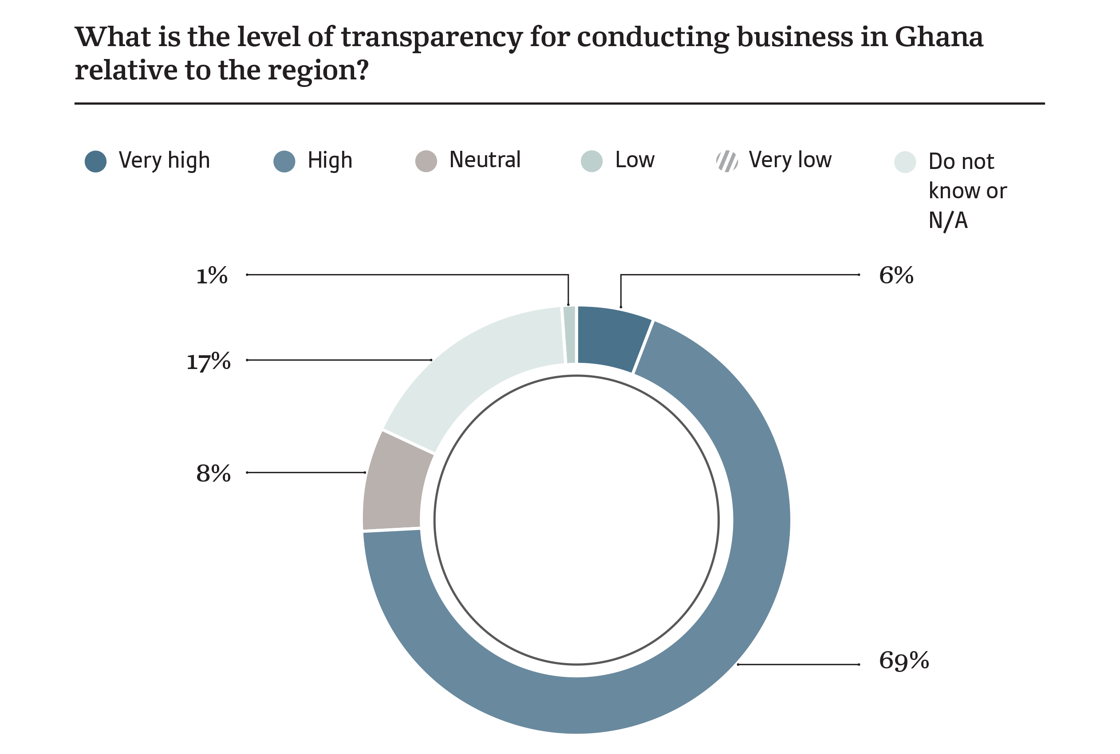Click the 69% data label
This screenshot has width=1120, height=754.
903,660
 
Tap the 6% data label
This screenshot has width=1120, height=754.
896,275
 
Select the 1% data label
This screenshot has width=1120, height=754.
212,275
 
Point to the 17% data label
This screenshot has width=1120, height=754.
208,361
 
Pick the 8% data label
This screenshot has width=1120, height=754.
213,473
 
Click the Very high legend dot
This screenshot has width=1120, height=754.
95,161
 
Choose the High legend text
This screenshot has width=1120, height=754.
330,160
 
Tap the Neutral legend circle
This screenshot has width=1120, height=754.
426,161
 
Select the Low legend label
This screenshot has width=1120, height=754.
635,160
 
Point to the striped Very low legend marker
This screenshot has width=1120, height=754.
726,161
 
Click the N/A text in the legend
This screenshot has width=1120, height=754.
947,221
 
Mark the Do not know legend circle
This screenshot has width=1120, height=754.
904,161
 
